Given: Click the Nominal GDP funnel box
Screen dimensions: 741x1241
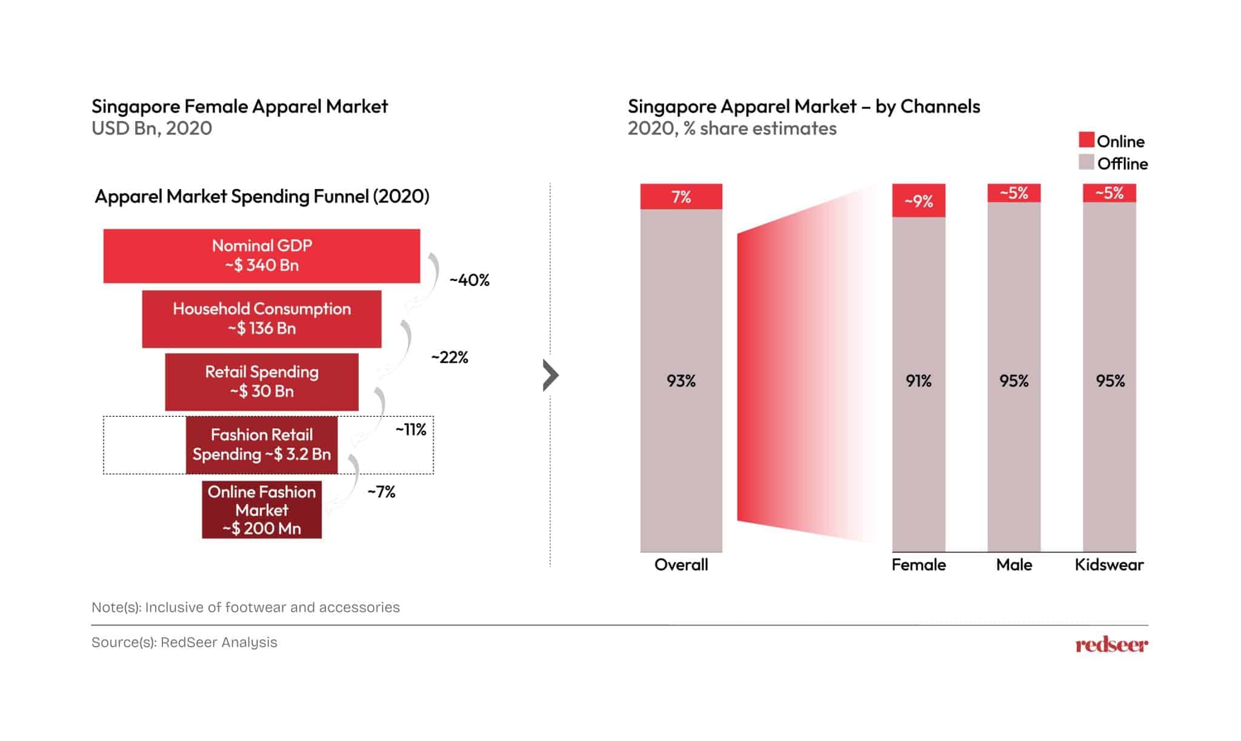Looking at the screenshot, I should (261, 256).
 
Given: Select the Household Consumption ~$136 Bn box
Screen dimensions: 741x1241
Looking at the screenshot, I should (261, 319).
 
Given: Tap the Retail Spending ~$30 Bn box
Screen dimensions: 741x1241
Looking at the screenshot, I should (261, 382).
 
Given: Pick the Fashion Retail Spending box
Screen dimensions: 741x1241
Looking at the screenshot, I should (261, 445).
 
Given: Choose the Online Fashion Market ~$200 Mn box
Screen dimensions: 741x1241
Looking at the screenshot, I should (261, 510).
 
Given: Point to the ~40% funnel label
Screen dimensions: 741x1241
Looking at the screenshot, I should (469, 280).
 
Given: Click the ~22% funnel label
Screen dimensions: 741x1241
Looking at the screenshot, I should (450, 357).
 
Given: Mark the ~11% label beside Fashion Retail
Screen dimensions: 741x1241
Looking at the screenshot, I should (411, 430).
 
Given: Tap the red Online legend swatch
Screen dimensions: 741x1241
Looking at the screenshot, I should (1086, 140).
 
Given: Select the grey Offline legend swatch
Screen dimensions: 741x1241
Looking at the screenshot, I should (1086, 162).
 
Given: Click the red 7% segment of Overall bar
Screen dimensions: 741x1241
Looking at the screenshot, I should (681, 196).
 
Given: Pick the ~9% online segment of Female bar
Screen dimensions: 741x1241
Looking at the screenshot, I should (919, 201).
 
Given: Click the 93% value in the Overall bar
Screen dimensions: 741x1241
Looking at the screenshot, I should (681, 381).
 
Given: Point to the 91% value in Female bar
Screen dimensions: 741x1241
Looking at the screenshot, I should (919, 381).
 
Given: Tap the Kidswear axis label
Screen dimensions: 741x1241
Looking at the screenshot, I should (1109, 565).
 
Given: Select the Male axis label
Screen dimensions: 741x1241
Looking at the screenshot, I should (1014, 565).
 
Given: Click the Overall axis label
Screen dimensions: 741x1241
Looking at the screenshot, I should (681, 565).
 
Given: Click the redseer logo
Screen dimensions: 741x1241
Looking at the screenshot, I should (1111, 645).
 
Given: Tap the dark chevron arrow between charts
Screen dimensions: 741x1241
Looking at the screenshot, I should (550, 375).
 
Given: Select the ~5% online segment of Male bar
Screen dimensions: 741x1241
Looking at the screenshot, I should (1014, 193).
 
